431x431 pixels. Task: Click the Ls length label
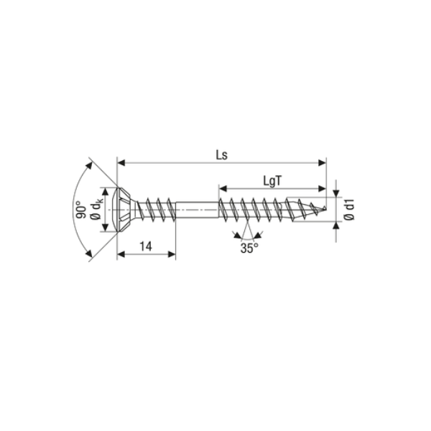point(220,154)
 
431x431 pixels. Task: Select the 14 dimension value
point(145,246)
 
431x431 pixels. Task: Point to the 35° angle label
point(248,249)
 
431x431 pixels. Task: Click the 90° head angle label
point(80,209)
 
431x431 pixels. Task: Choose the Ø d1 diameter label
point(350,209)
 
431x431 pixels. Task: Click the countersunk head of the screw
point(122,209)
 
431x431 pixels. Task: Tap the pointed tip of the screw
point(330,209)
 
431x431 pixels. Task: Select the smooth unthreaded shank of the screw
point(195,209)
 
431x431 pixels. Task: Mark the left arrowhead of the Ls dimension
point(120,162)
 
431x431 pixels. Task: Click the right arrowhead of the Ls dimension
point(323,162)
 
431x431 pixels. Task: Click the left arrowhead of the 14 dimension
point(120,253)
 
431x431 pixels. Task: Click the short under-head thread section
point(154,209)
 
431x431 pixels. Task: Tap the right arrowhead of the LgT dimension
point(323,190)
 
